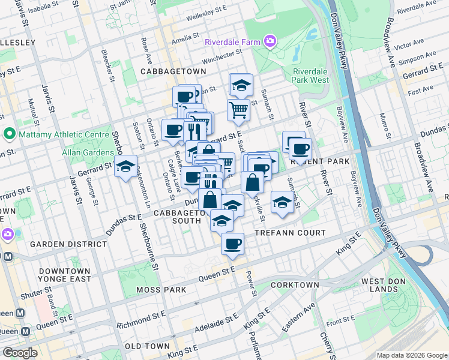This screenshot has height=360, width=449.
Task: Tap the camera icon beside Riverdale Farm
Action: [x=270, y=41]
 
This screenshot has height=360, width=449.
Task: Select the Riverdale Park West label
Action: [x=311, y=76]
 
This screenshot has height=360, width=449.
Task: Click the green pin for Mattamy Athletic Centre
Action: [x=9, y=133]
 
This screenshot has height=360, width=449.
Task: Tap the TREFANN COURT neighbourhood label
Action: [x=289, y=233]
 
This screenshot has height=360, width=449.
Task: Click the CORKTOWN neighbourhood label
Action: [x=295, y=285]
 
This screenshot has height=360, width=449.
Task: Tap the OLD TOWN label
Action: [x=147, y=346]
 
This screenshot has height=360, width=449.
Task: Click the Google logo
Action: [x=20, y=353]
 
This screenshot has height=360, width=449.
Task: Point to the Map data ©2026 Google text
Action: [x=412, y=355]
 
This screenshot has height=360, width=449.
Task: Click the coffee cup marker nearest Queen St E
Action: [x=232, y=244]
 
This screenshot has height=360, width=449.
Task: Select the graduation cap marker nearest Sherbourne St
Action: [x=126, y=167]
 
